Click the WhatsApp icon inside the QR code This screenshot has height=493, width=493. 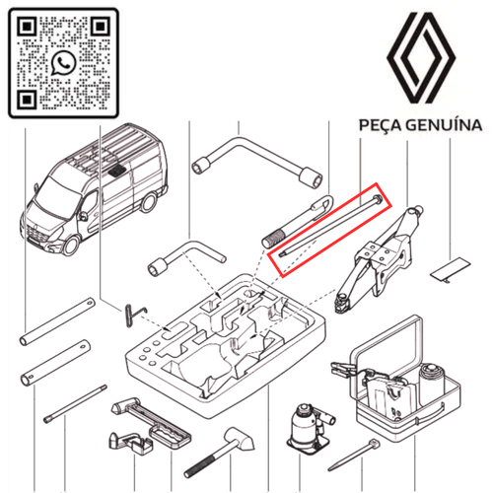[63, 63]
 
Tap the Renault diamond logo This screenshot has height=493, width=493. [421, 58]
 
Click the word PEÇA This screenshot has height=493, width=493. [380, 125]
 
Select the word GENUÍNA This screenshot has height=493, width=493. [444, 125]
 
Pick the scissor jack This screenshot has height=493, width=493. [377, 258]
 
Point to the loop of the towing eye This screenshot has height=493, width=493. [321, 205]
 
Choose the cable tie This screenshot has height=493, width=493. [354, 455]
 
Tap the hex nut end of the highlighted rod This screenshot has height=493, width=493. [377, 199]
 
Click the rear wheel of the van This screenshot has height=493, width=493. [149, 202]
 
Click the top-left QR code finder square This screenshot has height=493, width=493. [27, 27]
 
